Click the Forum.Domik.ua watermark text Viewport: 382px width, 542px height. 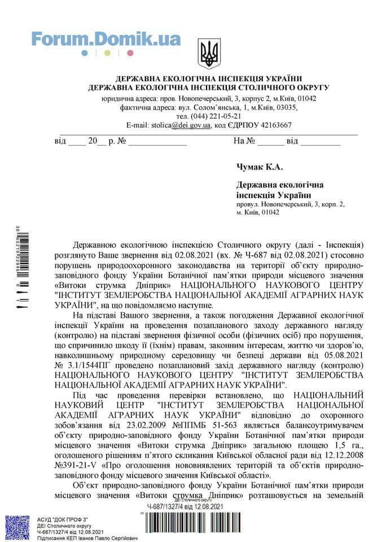(x=106, y=39)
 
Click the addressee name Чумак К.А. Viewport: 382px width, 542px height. (x=259, y=167)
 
